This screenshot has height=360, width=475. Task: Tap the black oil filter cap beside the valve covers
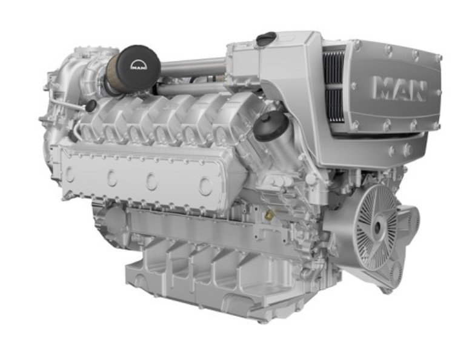[x=271, y=124]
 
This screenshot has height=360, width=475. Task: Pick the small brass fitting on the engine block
[x=268, y=216]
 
